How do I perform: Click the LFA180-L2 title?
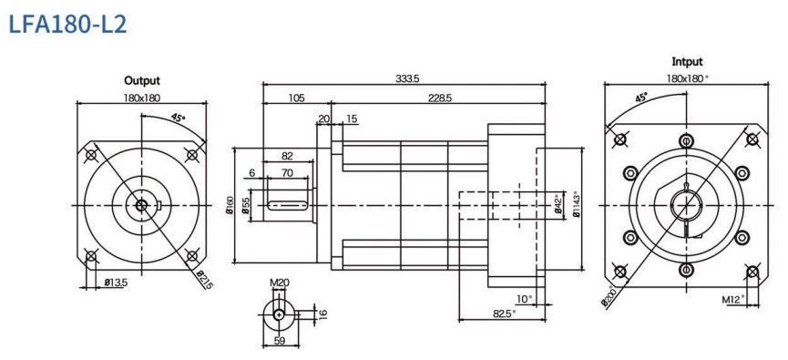[x=67, y=24]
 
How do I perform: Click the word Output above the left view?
[x=142, y=80]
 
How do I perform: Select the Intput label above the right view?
[x=687, y=62]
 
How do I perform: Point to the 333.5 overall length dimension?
[x=407, y=78]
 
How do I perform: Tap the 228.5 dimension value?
[x=440, y=98]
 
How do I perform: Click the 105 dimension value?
[x=296, y=98]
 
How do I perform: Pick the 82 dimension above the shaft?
[x=287, y=156]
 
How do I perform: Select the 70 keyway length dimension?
[x=287, y=173]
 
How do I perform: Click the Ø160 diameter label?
[x=230, y=205]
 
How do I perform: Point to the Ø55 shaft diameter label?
[x=246, y=205]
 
